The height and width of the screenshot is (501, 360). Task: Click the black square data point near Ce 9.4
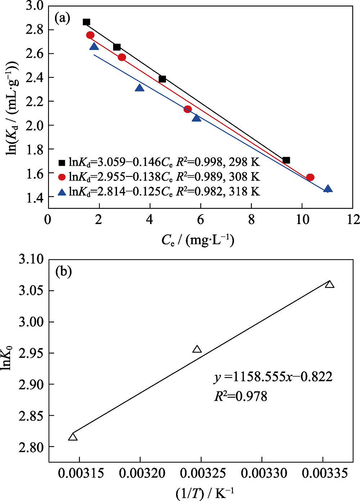pyautogui.click(x=286, y=160)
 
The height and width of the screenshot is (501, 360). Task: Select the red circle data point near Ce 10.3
pyautogui.click(x=310, y=177)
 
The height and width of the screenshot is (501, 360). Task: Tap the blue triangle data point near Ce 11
pyautogui.click(x=328, y=189)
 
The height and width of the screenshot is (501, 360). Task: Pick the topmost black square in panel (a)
pyautogui.click(x=86, y=22)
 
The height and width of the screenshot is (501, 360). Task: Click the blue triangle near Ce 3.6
pyautogui.click(x=139, y=88)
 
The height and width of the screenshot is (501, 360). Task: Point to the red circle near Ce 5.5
pyautogui.click(x=187, y=109)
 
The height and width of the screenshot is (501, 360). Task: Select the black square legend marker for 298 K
pyautogui.click(x=62, y=163)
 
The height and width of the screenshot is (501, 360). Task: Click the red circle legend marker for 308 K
pyautogui.click(x=62, y=177)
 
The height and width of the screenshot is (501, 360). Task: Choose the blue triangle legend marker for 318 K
pyautogui.click(x=62, y=192)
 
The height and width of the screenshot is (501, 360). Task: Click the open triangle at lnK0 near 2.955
pyautogui.click(x=197, y=349)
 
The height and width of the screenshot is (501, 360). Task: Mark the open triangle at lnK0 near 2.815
pyautogui.click(x=73, y=437)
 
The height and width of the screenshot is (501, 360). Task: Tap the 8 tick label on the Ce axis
pyautogui.click(x=251, y=220)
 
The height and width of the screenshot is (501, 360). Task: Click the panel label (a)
pyautogui.click(x=62, y=18)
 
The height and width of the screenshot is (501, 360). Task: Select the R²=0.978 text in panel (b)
pyautogui.click(x=240, y=396)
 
